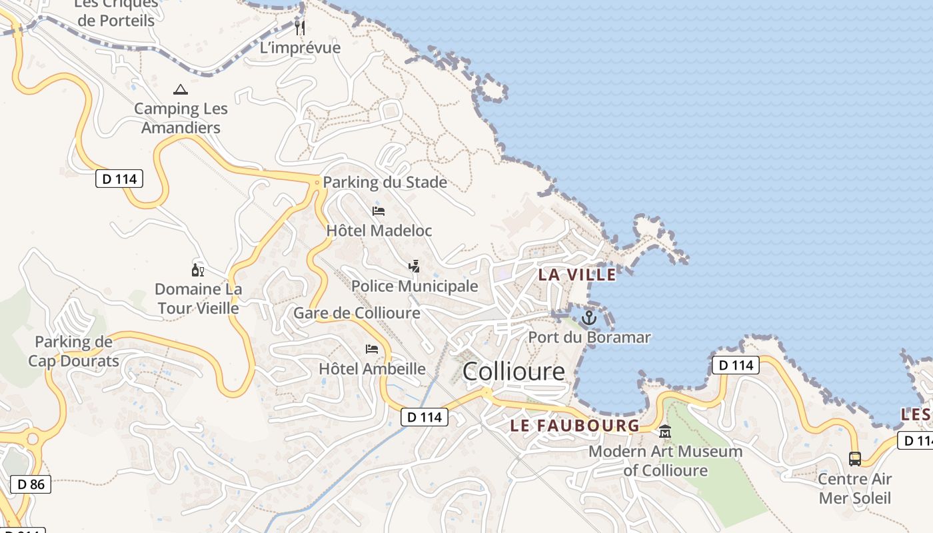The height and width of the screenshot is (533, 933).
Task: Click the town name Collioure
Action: [x=513, y=371]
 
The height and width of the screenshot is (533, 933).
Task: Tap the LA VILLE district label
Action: [x=577, y=274]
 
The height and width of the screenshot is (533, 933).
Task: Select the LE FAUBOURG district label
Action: [x=574, y=426]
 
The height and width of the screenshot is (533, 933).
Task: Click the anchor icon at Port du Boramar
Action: [x=588, y=318]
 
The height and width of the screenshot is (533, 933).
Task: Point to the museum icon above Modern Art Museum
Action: [x=664, y=432]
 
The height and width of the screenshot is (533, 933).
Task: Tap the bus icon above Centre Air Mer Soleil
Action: [x=855, y=458]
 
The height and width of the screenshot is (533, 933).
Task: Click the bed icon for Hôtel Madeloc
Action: [x=379, y=212]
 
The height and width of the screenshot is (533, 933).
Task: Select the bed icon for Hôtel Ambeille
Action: [x=372, y=349]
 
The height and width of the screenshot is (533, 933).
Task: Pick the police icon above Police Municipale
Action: [x=414, y=267]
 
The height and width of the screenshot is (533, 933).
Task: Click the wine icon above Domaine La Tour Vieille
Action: [x=197, y=270]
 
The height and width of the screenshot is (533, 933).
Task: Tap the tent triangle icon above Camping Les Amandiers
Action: [x=180, y=89]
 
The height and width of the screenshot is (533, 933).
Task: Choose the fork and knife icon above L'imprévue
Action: [x=300, y=27]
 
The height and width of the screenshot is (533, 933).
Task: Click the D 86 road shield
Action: [x=31, y=484]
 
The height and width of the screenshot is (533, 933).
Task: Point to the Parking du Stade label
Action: [x=385, y=183]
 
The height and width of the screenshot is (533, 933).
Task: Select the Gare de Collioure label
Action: [x=357, y=313]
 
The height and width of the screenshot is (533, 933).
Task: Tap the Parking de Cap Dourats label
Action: [x=74, y=352]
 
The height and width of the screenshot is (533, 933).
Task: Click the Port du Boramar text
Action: [x=589, y=338]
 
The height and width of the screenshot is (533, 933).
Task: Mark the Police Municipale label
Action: [x=415, y=286]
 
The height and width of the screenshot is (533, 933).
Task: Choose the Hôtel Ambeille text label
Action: [x=372, y=369]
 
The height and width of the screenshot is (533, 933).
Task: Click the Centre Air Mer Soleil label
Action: [x=854, y=488]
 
